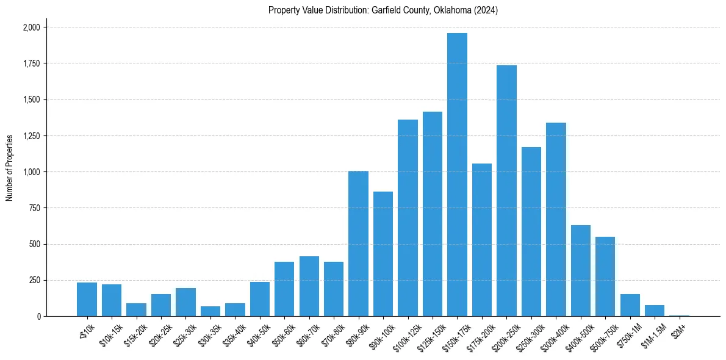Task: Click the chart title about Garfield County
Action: click(383, 10)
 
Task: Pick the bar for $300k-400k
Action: click(556, 220)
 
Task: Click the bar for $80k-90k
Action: click(358, 243)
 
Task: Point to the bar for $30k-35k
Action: click(210, 311)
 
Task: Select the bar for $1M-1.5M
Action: click(655, 311)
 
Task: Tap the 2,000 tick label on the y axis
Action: click(32, 27)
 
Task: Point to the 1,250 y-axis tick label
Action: click(32, 136)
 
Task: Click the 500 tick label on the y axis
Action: click(35, 244)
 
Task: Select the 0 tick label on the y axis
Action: click(39, 317)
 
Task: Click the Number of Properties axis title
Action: click(10, 167)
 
